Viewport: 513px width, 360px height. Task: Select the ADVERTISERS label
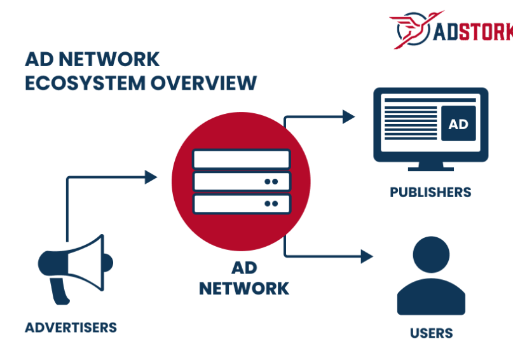tap(71, 328)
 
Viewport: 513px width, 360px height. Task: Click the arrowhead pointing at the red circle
tap(151, 177)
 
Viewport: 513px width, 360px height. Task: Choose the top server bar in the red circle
tap(241, 158)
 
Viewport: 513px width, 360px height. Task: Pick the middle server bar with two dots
tap(241, 181)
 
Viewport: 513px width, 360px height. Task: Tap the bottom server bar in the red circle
tap(241, 204)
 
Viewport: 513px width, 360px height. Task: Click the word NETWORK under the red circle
tap(244, 288)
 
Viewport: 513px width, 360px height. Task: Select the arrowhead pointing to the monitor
tap(348, 116)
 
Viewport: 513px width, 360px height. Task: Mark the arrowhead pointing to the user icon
tap(366, 256)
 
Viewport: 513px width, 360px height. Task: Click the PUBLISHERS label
tap(430, 192)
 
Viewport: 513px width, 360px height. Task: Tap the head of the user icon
tap(431, 254)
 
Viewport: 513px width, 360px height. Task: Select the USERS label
tap(431, 333)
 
